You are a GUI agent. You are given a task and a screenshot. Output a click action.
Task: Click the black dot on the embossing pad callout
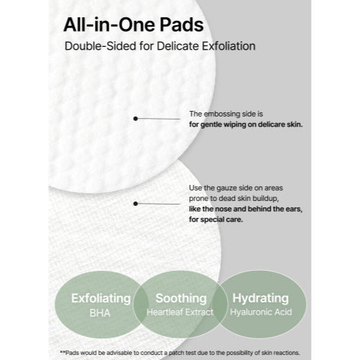(x=135, y=117)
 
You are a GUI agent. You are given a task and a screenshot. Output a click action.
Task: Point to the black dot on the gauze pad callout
(x=135, y=204)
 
